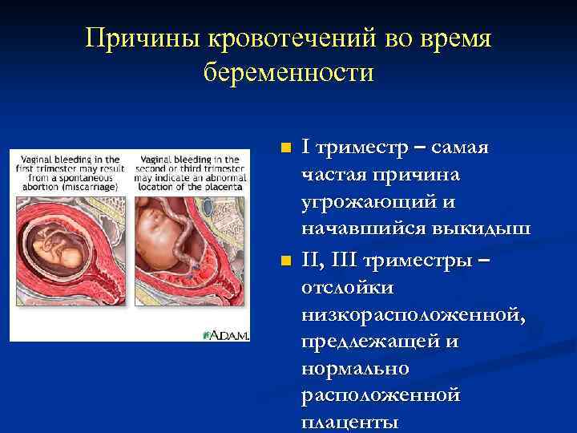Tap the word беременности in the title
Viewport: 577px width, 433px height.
[288, 73]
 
